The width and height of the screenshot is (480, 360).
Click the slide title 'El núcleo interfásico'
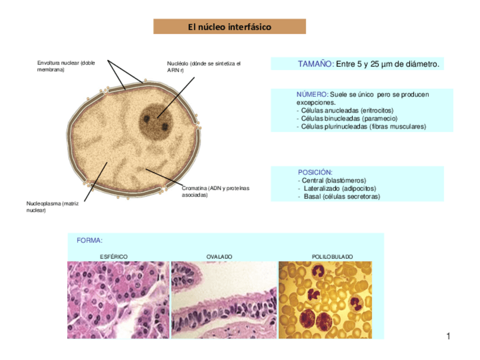tap(229, 27)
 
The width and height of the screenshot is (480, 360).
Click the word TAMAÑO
tap(316, 65)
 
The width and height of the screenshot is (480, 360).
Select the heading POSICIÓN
tap(315, 172)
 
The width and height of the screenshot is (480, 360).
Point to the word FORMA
tap(89, 240)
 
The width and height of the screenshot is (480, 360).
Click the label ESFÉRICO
tap(114, 256)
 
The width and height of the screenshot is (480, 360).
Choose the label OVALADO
tap(219, 256)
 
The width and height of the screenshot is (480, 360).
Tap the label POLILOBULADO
tap(332, 256)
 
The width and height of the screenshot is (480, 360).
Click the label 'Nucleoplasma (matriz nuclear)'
tap(52, 207)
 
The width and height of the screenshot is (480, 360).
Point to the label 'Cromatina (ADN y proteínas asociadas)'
tap(215, 191)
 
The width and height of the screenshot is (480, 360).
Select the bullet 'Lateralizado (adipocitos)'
tap(340, 188)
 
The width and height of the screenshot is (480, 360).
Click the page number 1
tap(448, 337)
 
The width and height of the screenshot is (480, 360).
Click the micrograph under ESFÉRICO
tap(118, 299)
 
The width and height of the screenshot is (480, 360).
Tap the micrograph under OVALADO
tap(224, 299)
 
